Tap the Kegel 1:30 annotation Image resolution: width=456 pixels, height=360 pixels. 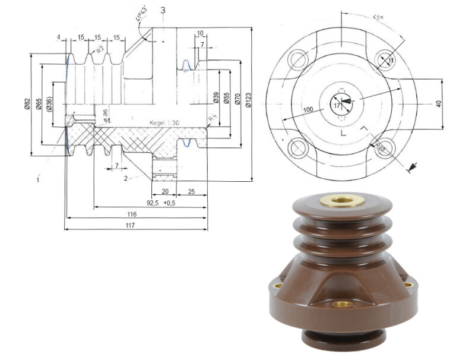tap(164, 122)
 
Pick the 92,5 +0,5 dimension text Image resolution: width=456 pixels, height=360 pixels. tap(161, 203)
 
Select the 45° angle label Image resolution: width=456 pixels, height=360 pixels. tap(378, 17)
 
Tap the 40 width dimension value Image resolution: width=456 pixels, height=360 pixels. tap(438, 103)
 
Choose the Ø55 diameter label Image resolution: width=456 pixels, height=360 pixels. tap(226, 99)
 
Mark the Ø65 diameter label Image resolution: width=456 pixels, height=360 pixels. tap(39, 105)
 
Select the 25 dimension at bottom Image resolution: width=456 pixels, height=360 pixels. tap(192, 191)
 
